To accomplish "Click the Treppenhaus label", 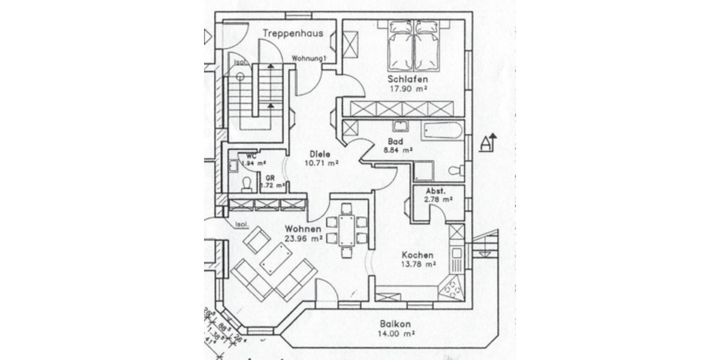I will pos(293,33).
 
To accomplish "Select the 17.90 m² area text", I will pos(407,89).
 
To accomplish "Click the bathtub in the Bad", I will pos(442,130).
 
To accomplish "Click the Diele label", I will pos(320,153).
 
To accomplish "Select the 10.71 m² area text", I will pos(321,163).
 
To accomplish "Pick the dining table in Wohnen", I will pos(347,230).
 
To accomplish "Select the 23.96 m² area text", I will pos(304,238).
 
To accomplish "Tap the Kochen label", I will pos(418,254).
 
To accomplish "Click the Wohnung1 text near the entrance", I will pos(308,58).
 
